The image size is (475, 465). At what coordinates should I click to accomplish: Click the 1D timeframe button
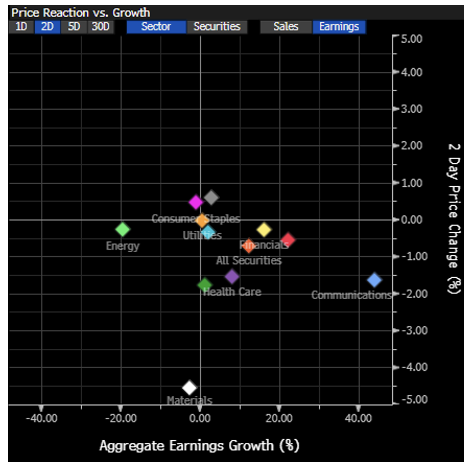point(21,27)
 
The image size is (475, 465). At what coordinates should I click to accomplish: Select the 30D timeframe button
point(100,27)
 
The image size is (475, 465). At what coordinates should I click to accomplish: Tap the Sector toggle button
point(156,27)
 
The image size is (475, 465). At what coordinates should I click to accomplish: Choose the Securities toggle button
point(217,27)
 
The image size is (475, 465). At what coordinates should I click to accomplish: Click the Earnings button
point(339,27)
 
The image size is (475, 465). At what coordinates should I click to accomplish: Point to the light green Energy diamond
point(123,229)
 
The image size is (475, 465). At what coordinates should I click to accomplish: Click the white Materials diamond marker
point(189,387)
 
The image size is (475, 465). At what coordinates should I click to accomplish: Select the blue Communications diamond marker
point(374,280)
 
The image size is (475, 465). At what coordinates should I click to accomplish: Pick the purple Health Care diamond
point(232,276)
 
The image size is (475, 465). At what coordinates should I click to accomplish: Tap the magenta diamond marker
point(196,202)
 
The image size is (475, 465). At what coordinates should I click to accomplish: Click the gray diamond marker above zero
point(211,198)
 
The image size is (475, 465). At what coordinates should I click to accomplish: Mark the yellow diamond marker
point(264,229)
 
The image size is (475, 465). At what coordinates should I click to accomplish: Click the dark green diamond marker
point(205,285)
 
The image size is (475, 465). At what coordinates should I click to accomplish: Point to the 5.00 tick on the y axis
point(410,39)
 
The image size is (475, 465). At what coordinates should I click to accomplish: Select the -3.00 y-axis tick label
point(410,330)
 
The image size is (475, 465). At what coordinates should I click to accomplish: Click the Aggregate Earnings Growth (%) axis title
point(199,445)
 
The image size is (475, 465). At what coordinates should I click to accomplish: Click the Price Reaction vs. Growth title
point(81,13)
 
